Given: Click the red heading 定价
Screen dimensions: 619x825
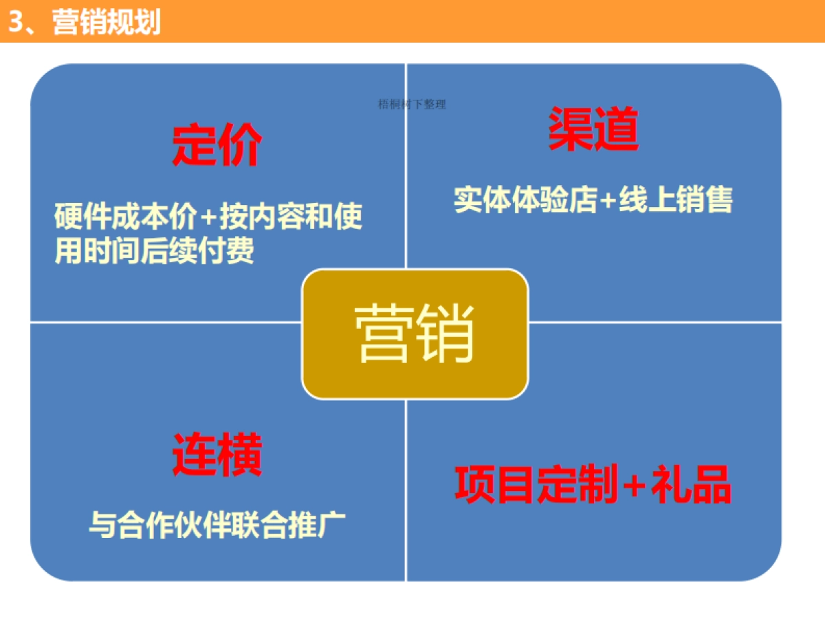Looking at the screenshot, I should point(216,145).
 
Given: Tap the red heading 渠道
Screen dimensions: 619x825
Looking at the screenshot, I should point(593,130).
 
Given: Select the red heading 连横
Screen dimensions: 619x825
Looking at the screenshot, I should point(217,455).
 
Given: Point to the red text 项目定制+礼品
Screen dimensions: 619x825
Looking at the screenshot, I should point(593,485).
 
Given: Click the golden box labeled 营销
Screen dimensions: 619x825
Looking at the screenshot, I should point(415,334).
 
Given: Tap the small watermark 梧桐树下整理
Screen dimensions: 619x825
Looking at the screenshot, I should point(412,105).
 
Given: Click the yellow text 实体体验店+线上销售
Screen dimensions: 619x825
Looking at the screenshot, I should point(593,199).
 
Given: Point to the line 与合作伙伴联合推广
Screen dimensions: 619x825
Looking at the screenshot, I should point(217,525).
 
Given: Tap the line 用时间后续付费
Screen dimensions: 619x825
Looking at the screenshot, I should point(154,250).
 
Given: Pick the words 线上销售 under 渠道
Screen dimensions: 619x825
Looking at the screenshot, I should point(675,199).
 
